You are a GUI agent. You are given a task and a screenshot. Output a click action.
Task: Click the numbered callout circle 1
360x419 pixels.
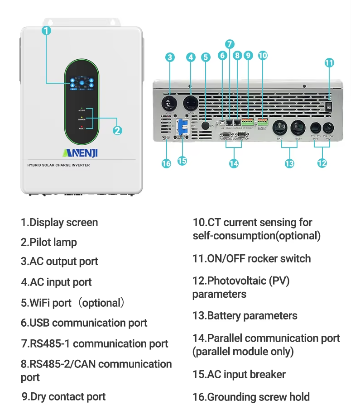(x=46, y=30)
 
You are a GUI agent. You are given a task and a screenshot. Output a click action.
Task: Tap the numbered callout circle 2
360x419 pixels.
(x=117, y=130)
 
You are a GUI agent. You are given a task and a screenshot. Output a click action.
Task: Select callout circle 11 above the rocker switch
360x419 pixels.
(x=329, y=63)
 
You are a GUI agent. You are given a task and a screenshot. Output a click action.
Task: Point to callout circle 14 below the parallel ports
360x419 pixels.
(x=234, y=163)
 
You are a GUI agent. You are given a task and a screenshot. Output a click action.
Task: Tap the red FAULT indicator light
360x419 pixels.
(x=82, y=126)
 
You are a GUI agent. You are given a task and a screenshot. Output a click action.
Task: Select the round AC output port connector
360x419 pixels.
(x=169, y=103)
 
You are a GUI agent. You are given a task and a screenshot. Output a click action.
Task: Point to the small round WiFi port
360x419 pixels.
(x=205, y=125)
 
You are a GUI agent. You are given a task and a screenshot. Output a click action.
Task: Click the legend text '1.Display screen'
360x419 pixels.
(x=59, y=222)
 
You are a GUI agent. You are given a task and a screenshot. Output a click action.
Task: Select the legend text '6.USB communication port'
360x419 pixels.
(x=84, y=323)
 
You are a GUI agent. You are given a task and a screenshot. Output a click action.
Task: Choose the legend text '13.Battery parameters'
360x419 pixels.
(x=245, y=315)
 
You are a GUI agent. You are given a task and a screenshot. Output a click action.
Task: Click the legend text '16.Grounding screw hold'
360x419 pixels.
(x=251, y=397)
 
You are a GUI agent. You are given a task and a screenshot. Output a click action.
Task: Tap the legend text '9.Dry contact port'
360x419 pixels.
(x=63, y=397)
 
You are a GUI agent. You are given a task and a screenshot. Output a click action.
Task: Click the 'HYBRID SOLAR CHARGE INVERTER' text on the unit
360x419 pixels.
(x=58, y=165)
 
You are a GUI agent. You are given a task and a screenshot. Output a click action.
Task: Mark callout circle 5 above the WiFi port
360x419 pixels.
(x=206, y=57)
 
